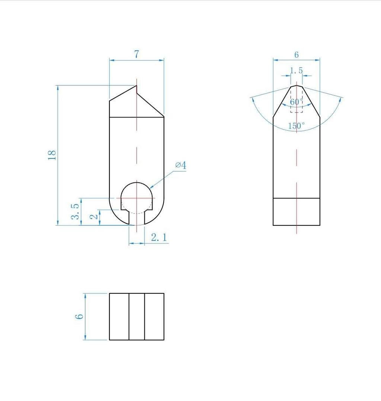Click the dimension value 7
coord(137,54)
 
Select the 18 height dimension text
coord(52,155)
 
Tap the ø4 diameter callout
coord(181,165)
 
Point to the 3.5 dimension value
coord(75,212)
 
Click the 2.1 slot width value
coord(159,238)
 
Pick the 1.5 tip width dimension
coord(297,70)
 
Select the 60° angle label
coord(296,102)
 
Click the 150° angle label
coord(297,125)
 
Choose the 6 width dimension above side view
coord(297,55)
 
